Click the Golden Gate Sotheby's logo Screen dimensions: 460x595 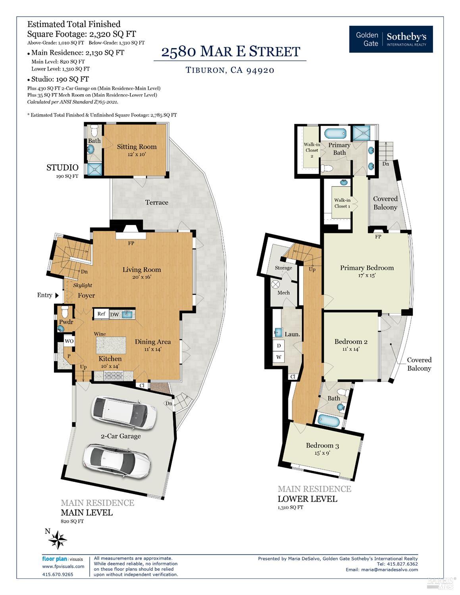pos(391,39)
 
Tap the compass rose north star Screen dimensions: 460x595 pos(58,540)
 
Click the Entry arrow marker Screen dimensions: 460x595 pos(57,295)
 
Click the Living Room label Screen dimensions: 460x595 pos(142,270)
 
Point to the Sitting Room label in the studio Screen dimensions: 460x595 pos(137,146)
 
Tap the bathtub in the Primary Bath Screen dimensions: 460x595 pos(335,134)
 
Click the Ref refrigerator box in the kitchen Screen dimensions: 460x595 pos(101,314)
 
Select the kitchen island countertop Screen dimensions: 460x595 pos(111,345)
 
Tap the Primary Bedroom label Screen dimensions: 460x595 pos(367,268)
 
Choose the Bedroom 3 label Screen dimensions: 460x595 pos(322,445)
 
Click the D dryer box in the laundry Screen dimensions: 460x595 pos(279,346)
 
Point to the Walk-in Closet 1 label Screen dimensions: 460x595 pos(342,203)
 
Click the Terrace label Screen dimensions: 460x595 pos(157,202)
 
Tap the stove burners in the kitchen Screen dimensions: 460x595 pos(114,375)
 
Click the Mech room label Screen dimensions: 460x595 pos(283,293)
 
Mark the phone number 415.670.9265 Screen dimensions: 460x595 pos(58,574)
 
